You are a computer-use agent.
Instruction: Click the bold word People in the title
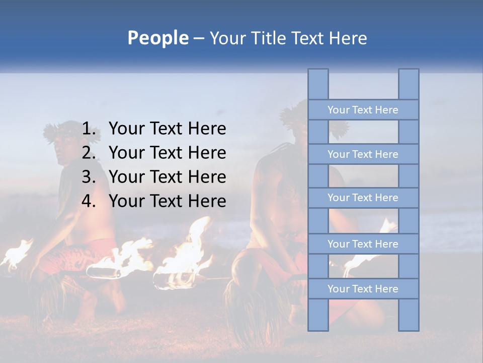157,38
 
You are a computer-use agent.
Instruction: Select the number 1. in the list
89,129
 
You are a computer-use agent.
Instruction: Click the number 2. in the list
89,153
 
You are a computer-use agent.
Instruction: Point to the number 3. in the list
89,177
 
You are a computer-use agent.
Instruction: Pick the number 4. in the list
89,201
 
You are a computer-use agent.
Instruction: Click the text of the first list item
167,129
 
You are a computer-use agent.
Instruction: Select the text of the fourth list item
167,201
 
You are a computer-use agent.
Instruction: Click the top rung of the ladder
363,110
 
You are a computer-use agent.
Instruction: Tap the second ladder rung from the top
363,154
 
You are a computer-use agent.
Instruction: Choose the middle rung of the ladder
363,198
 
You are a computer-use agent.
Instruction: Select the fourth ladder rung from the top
363,244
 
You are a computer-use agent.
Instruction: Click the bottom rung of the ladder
363,289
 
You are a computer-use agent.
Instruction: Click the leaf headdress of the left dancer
58,130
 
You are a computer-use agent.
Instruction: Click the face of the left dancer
61,149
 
